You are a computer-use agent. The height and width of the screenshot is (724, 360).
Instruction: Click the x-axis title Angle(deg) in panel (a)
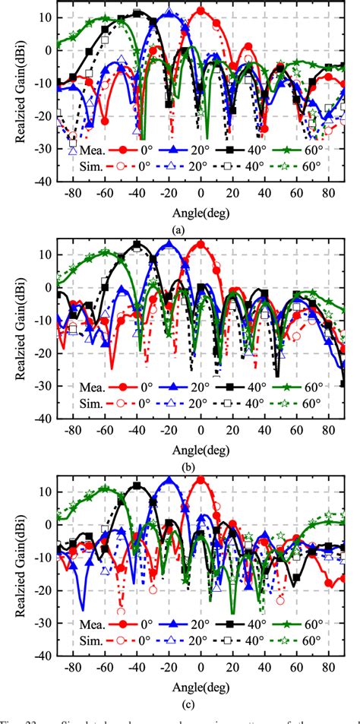(199, 213)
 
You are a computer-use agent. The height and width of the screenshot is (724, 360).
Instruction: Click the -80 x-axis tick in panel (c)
(73, 666)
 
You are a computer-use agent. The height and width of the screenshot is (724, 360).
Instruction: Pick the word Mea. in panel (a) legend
(93, 150)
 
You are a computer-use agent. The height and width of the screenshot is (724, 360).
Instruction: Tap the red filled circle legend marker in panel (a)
(125, 150)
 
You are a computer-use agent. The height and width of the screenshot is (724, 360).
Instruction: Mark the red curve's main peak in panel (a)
(201, 11)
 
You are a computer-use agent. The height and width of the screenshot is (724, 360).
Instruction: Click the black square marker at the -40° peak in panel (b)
(137, 245)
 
